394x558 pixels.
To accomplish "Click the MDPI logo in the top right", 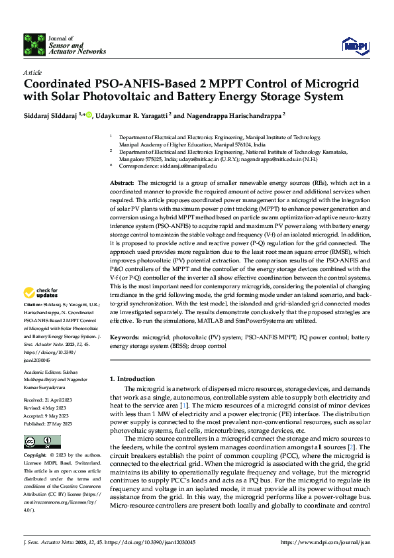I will (354, 45).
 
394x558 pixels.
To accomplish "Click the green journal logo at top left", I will (34, 44).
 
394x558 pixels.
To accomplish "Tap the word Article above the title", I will (32, 72).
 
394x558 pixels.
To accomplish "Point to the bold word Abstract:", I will (122, 182).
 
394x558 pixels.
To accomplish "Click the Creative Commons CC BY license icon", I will (34, 443).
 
